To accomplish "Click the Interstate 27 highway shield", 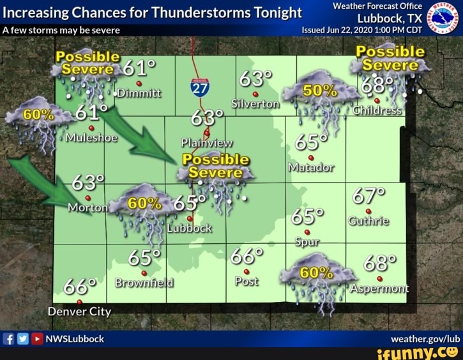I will coord(200,87).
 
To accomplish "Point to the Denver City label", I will coord(79,311).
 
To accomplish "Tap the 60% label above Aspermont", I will coord(317,273).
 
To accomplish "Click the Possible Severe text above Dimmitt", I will coord(87,63).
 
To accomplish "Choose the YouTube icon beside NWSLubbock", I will coord(37,338).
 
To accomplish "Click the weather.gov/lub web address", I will coord(427,338).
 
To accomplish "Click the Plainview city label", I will coord(206,142).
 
